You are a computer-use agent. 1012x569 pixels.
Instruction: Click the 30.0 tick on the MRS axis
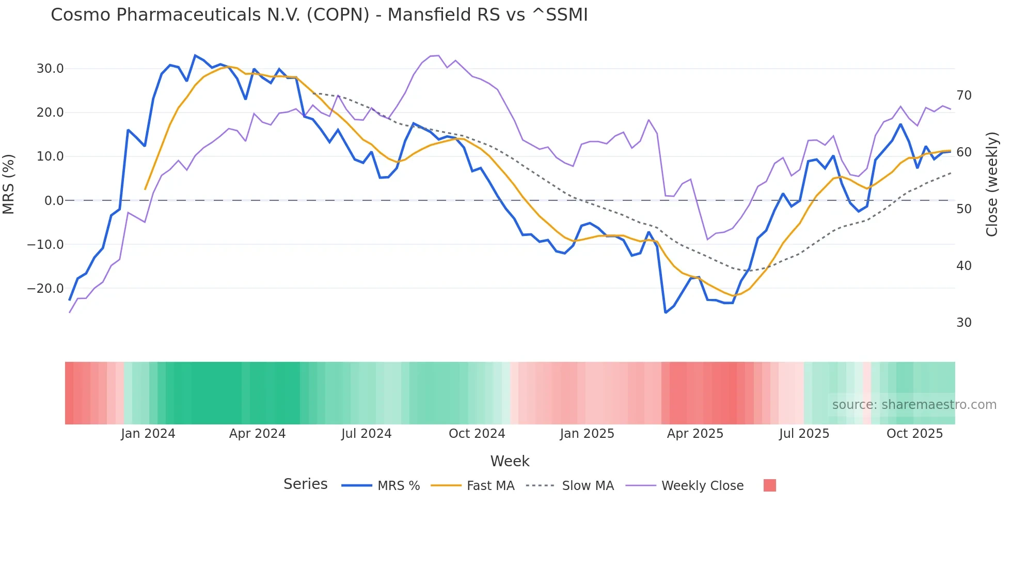(x=50, y=69)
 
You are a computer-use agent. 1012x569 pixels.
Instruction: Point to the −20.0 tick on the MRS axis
(x=45, y=289)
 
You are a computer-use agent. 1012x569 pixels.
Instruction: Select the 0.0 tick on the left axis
(x=54, y=201)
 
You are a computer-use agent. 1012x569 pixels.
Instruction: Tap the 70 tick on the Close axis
(x=963, y=96)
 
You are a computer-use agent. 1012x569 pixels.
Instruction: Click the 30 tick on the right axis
(x=963, y=323)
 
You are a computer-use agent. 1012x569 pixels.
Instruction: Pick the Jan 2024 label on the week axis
(x=148, y=434)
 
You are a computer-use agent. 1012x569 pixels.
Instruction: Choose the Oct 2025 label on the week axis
(x=914, y=434)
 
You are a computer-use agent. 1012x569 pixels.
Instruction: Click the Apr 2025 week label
(x=695, y=434)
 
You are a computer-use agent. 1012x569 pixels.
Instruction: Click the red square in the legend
(x=769, y=485)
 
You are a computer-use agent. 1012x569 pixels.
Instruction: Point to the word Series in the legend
(x=305, y=484)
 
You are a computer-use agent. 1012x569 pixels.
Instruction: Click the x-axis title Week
(x=510, y=461)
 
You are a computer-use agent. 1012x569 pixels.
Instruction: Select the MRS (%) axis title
(x=9, y=184)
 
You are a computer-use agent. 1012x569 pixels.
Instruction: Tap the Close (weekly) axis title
(x=991, y=184)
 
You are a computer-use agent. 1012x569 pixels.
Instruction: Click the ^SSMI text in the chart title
(x=560, y=15)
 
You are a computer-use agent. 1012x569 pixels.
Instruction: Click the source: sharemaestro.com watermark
(x=914, y=405)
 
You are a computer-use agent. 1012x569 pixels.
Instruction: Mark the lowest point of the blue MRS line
(x=666, y=312)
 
